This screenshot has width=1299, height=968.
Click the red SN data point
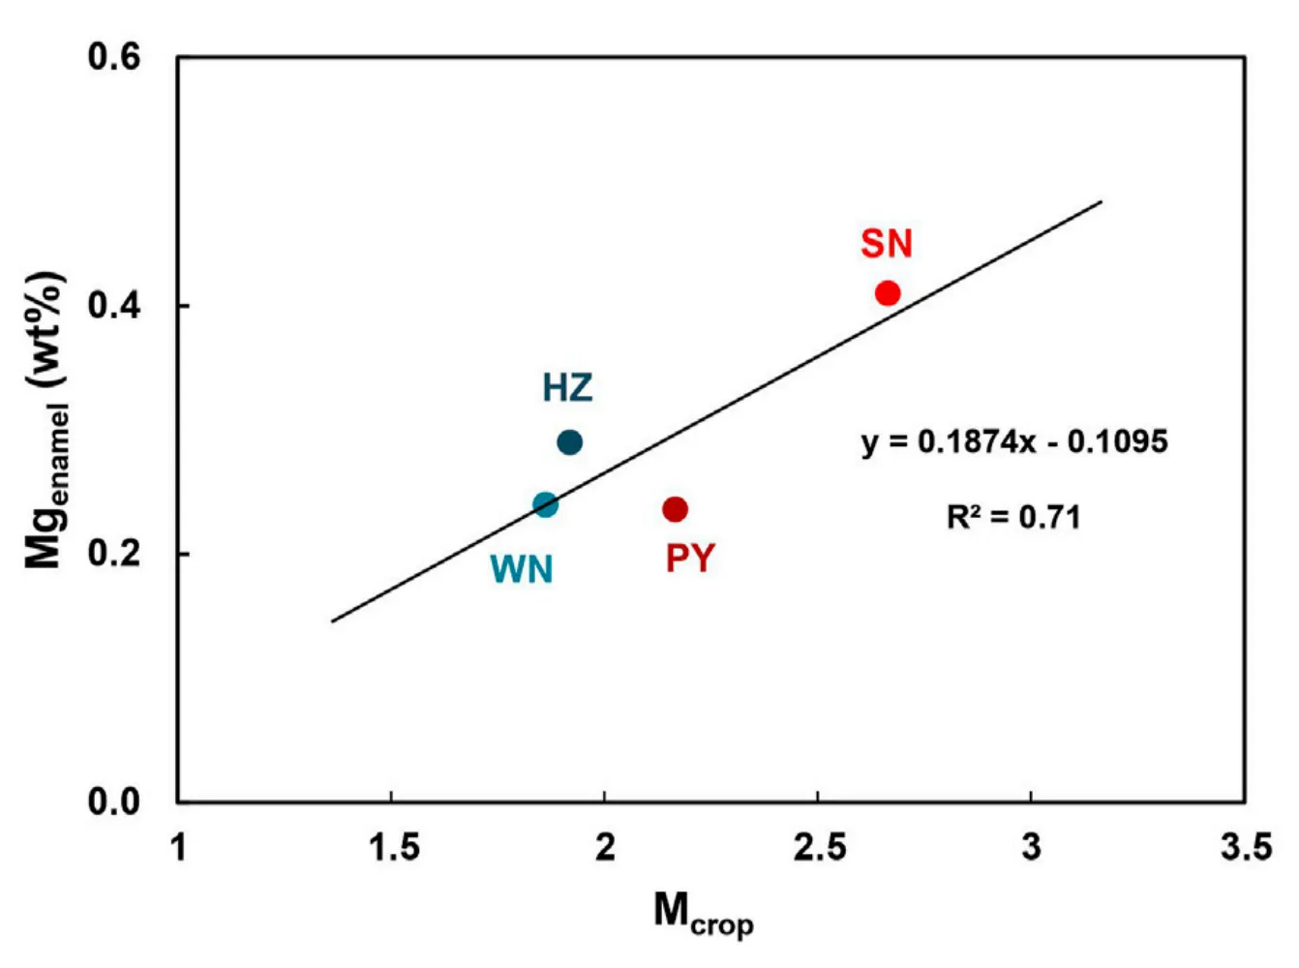[888, 293]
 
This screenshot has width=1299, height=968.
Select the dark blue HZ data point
[570, 442]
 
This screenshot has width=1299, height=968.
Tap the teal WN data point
[546, 504]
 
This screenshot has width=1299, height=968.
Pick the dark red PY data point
[675, 509]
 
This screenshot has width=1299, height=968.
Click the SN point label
[887, 244]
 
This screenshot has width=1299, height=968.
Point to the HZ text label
[567, 388]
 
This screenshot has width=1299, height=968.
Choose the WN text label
[522, 569]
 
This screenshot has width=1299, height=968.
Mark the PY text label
[690, 559]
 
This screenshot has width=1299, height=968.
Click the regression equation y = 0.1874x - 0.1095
[1014, 442]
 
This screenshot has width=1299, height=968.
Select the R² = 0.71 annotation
[1012, 517]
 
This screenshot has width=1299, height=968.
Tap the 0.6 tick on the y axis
[114, 57]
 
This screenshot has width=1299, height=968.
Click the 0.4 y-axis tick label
[114, 306]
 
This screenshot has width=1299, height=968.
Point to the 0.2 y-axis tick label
[114, 554]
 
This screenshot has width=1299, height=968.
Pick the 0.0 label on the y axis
[114, 802]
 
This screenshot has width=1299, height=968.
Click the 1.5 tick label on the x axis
[393, 848]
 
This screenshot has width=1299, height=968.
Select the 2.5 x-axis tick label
[819, 848]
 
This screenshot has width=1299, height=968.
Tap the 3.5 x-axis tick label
[1246, 848]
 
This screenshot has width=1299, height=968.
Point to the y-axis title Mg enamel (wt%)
[46, 421]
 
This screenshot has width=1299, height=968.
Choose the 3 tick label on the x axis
[1032, 848]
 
